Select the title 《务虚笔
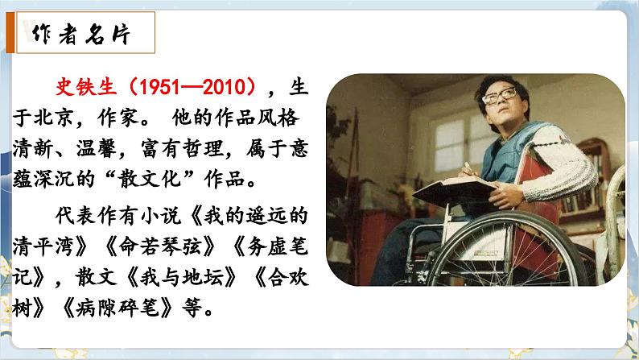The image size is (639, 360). [265, 246]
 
